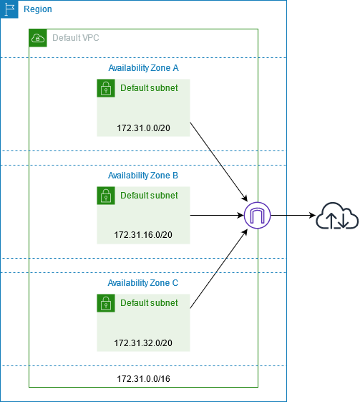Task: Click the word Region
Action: coord(38,10)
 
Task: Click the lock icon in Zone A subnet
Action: coord(106,88)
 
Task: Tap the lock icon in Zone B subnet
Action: coord(106,196)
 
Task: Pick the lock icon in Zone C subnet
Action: coord(106,303)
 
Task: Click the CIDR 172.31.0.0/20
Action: coord(143,128)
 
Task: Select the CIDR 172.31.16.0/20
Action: coord(143,235)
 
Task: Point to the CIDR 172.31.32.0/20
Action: coord(143,343)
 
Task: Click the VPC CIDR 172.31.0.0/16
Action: coord(143,378)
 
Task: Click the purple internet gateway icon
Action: coord(256,215)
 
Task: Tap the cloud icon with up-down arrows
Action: coord(337,215)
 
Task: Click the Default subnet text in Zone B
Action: coord(149,195)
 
